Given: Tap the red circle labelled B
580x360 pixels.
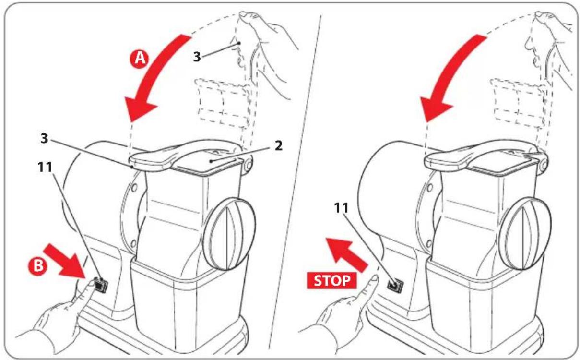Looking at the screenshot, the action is click(x=38, y=266).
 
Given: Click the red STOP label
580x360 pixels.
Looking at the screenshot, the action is click(x=331, y=280).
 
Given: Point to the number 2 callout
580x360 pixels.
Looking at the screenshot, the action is click(x=278, y=146).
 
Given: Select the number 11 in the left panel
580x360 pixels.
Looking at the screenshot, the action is click(x=45, y=167).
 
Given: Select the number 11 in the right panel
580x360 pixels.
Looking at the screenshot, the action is click(x=341, y=208).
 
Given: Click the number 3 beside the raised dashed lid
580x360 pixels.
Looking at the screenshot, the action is click(x=197, y=57).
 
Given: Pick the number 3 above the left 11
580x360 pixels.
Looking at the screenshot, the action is click(x=44, y=139).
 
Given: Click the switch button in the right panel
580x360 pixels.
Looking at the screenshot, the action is click(x=394, y=285).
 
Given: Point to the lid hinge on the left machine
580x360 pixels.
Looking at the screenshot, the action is click(x=247, y=165).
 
